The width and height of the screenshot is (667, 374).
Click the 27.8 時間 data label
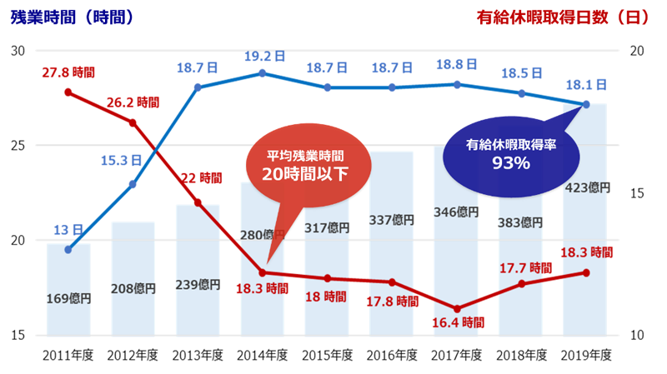click(68, 74)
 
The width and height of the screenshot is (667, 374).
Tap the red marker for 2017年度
click(456, 309)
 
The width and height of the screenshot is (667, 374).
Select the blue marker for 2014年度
click(262, 73)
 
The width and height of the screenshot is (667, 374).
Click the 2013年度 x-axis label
click(198, 355)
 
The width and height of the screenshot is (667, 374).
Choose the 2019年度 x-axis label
click(586, 355)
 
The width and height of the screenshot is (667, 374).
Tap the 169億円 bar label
click(68, 297)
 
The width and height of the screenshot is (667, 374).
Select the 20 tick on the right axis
click(639, 51)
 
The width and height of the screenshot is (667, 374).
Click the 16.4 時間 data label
click(456, 322)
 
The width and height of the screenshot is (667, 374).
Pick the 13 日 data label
click(68, 230)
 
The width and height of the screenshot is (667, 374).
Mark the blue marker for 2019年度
click(586, 105)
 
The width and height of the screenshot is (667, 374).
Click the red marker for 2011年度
click(68, 92)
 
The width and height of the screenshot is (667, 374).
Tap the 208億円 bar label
click(133, 289)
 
